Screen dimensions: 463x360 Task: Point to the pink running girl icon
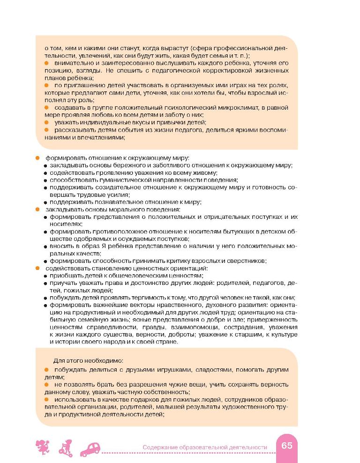pos(42,448)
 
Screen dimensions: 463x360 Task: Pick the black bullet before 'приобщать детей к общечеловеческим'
pos(45,276)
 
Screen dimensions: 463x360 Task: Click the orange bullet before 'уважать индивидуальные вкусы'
pos(46,122)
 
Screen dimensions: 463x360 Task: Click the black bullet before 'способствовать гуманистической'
pos(45,180)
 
